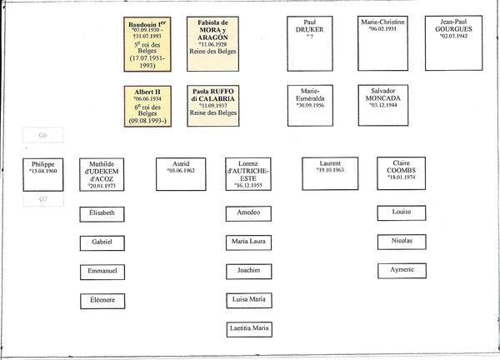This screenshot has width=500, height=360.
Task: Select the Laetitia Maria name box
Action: tap(249, 327)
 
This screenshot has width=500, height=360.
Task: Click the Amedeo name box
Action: tap(249, 213)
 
